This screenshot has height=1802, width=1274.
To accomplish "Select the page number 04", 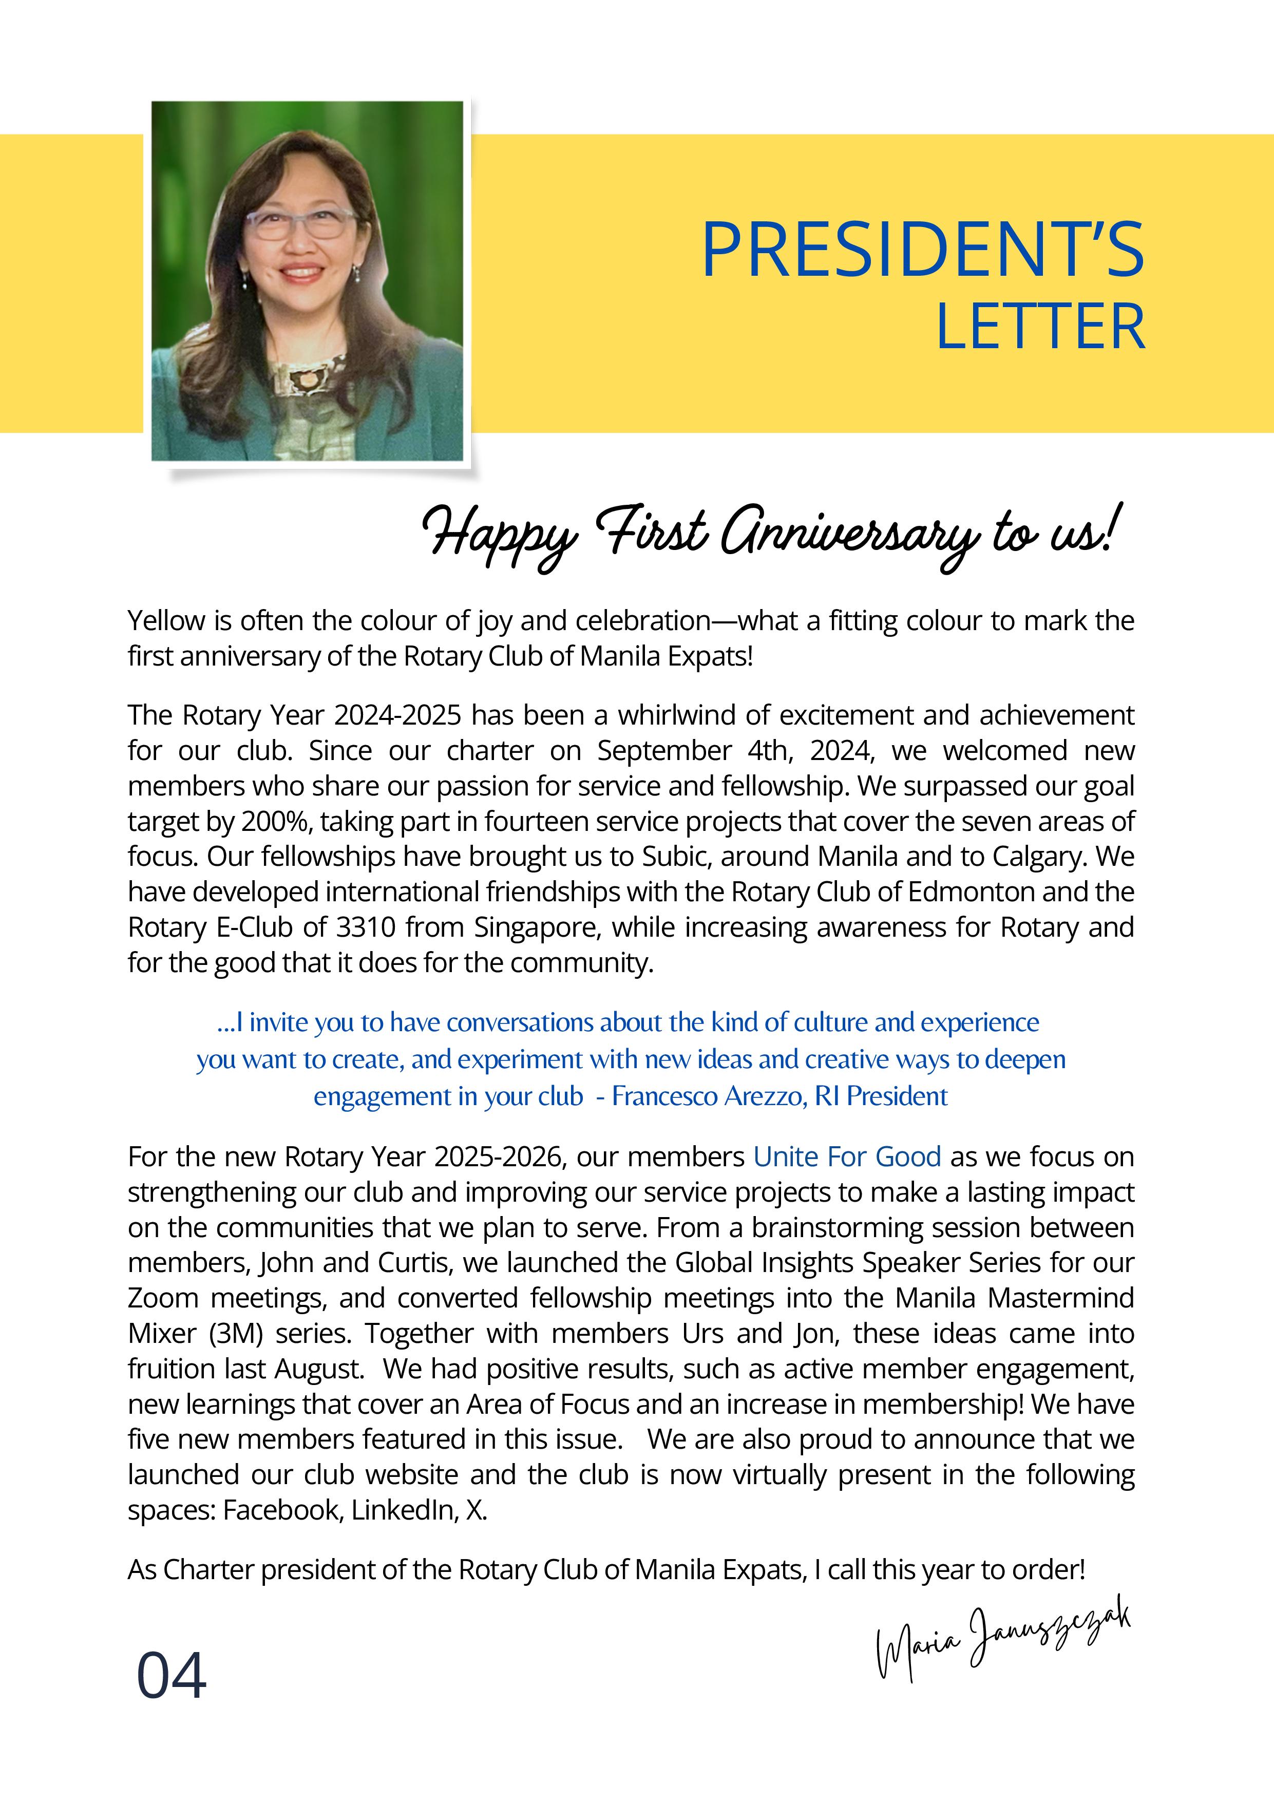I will pyautogui.click(x=172, y=1675).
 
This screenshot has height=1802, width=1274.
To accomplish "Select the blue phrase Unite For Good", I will pyautogui.click(x=847, y=1157).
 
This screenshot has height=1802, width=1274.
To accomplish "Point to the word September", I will pyautogui.click(x=664, y=751).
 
